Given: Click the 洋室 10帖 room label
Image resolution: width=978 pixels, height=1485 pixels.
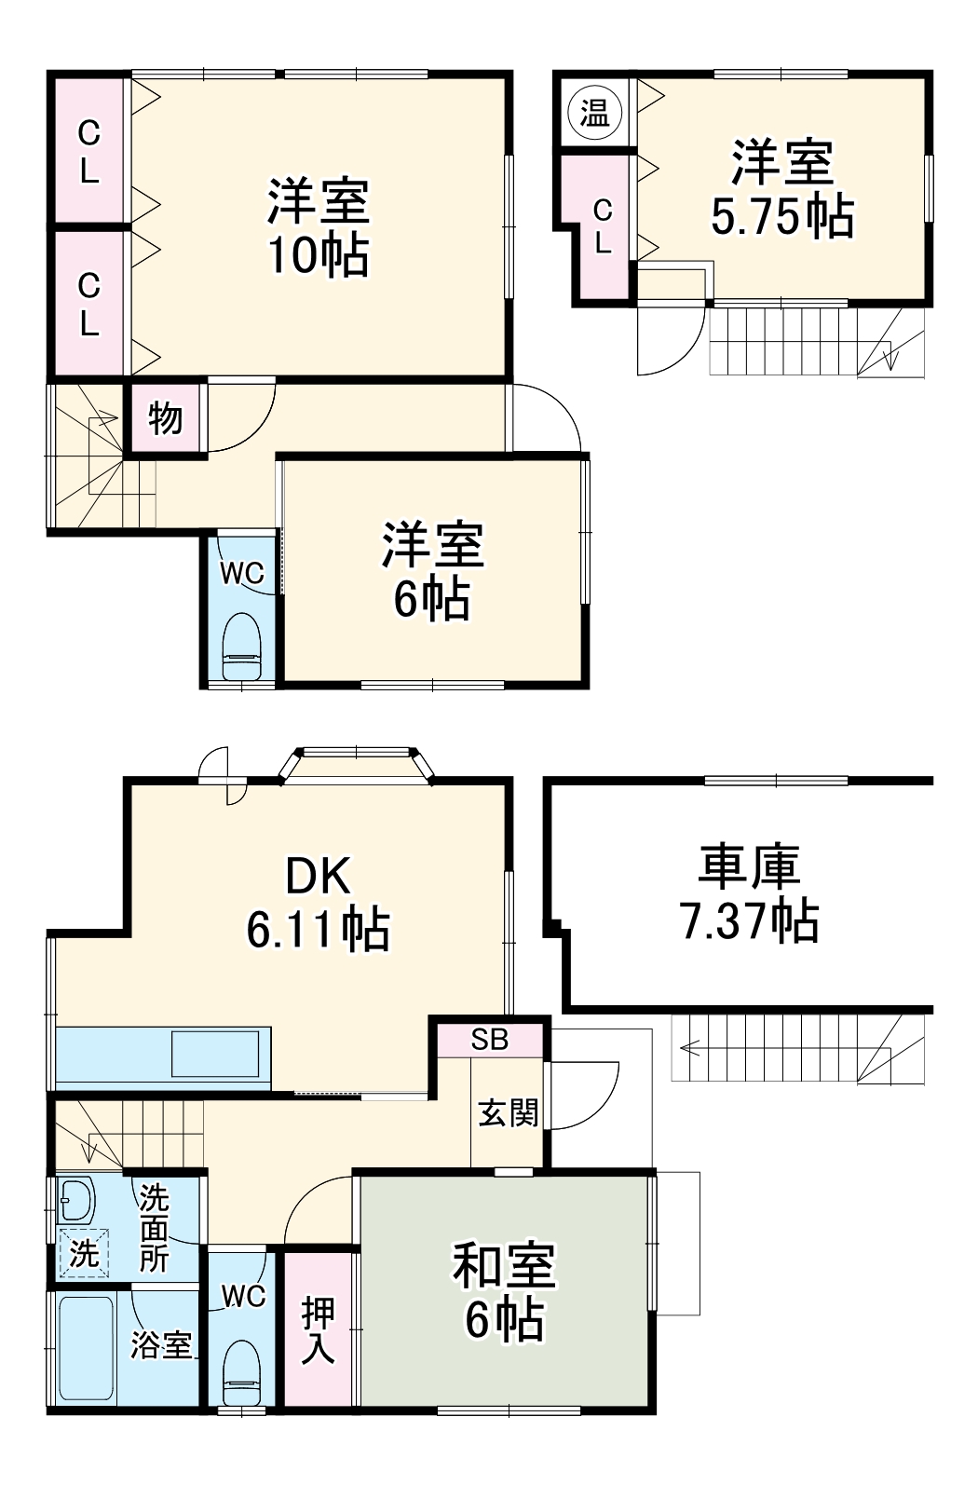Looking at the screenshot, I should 319,227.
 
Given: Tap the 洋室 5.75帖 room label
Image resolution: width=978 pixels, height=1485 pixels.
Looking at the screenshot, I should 781,189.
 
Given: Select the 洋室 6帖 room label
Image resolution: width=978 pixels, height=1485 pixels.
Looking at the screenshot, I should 432,572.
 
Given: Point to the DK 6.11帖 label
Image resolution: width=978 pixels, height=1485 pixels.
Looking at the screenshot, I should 318,902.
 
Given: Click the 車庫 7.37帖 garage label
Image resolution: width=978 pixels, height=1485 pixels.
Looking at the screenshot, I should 750,892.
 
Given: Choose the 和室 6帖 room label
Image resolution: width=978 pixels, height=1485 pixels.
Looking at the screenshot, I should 504,1290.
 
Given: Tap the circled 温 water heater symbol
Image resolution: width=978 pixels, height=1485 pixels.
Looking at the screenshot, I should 594,114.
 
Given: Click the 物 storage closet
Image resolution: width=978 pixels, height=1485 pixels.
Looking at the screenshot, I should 165,417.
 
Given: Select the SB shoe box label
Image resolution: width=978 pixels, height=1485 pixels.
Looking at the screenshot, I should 489,1040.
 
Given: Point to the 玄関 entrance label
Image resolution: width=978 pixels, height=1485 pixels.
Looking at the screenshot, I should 508,1111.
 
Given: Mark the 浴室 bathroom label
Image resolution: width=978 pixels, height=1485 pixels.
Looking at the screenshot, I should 160,1344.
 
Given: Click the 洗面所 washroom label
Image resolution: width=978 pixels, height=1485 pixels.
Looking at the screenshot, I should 154,1229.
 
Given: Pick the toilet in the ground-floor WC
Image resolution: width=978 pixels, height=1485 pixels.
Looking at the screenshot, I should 242,1372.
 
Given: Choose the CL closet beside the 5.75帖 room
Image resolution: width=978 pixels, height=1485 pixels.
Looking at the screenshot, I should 603,226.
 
